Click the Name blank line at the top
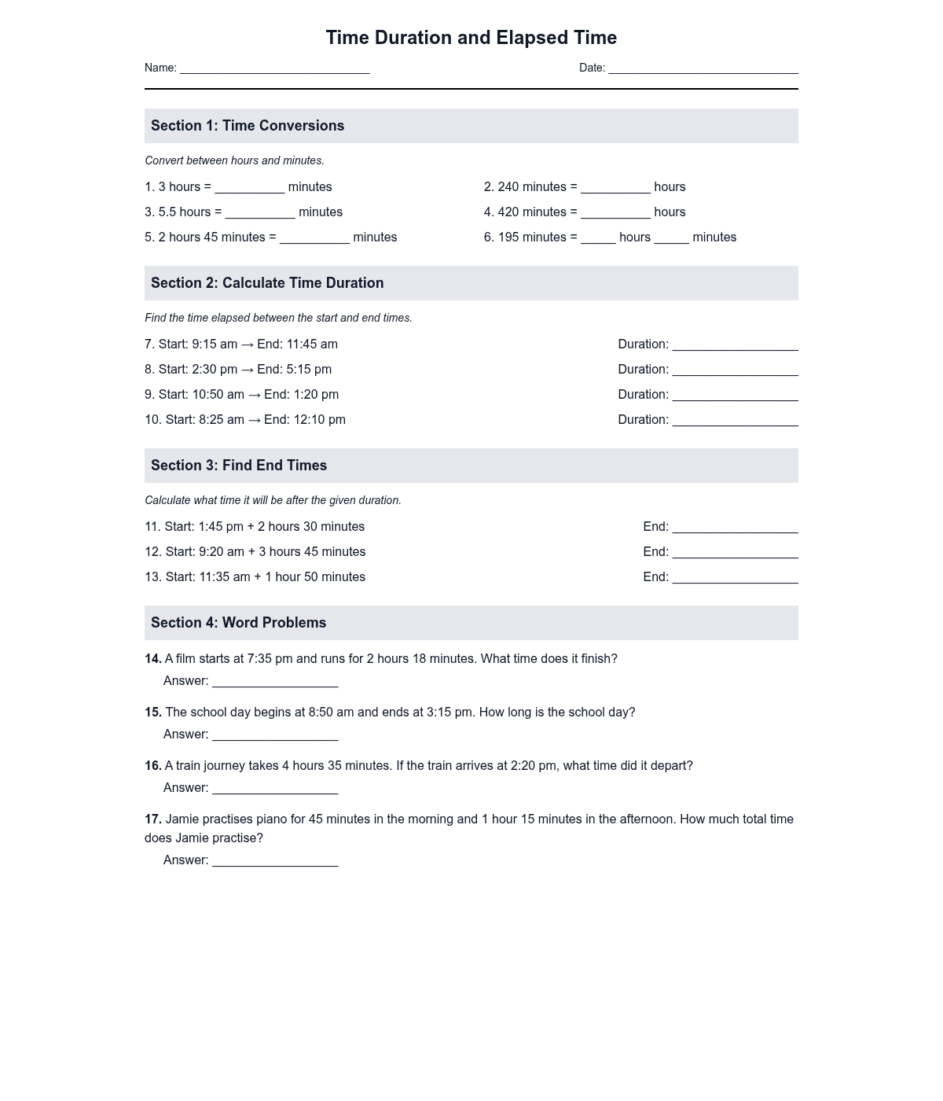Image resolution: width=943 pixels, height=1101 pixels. (274, 69)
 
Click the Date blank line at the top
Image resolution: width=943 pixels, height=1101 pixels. (703, 69)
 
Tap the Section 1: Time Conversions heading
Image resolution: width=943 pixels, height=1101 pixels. (248, 126)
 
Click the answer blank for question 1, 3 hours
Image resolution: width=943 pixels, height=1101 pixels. (249, 189)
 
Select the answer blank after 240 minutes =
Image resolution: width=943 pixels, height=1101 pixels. (615, 189)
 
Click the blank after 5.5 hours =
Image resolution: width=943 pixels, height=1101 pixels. (260, 214)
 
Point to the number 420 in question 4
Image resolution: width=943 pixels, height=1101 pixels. (508, 212)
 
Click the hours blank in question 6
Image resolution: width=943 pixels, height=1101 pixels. (598, 239)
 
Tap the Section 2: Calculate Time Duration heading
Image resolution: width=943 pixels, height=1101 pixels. (267, 283)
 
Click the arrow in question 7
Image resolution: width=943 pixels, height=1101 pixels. (247, 344)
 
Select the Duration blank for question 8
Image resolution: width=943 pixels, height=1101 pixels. (735, 371)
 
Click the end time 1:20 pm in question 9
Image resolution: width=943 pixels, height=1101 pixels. (316, 395)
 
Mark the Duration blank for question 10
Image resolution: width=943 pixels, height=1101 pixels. (735, 422)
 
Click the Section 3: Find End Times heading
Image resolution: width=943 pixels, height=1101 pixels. (239, 466)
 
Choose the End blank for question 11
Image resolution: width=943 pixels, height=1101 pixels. (735, 528)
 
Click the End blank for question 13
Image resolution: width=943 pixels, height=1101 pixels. (735, 579)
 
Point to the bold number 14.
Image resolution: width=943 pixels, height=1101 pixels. (152, 659)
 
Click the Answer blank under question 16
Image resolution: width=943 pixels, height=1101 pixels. (275, 790)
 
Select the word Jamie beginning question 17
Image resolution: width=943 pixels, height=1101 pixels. (182, 819)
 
